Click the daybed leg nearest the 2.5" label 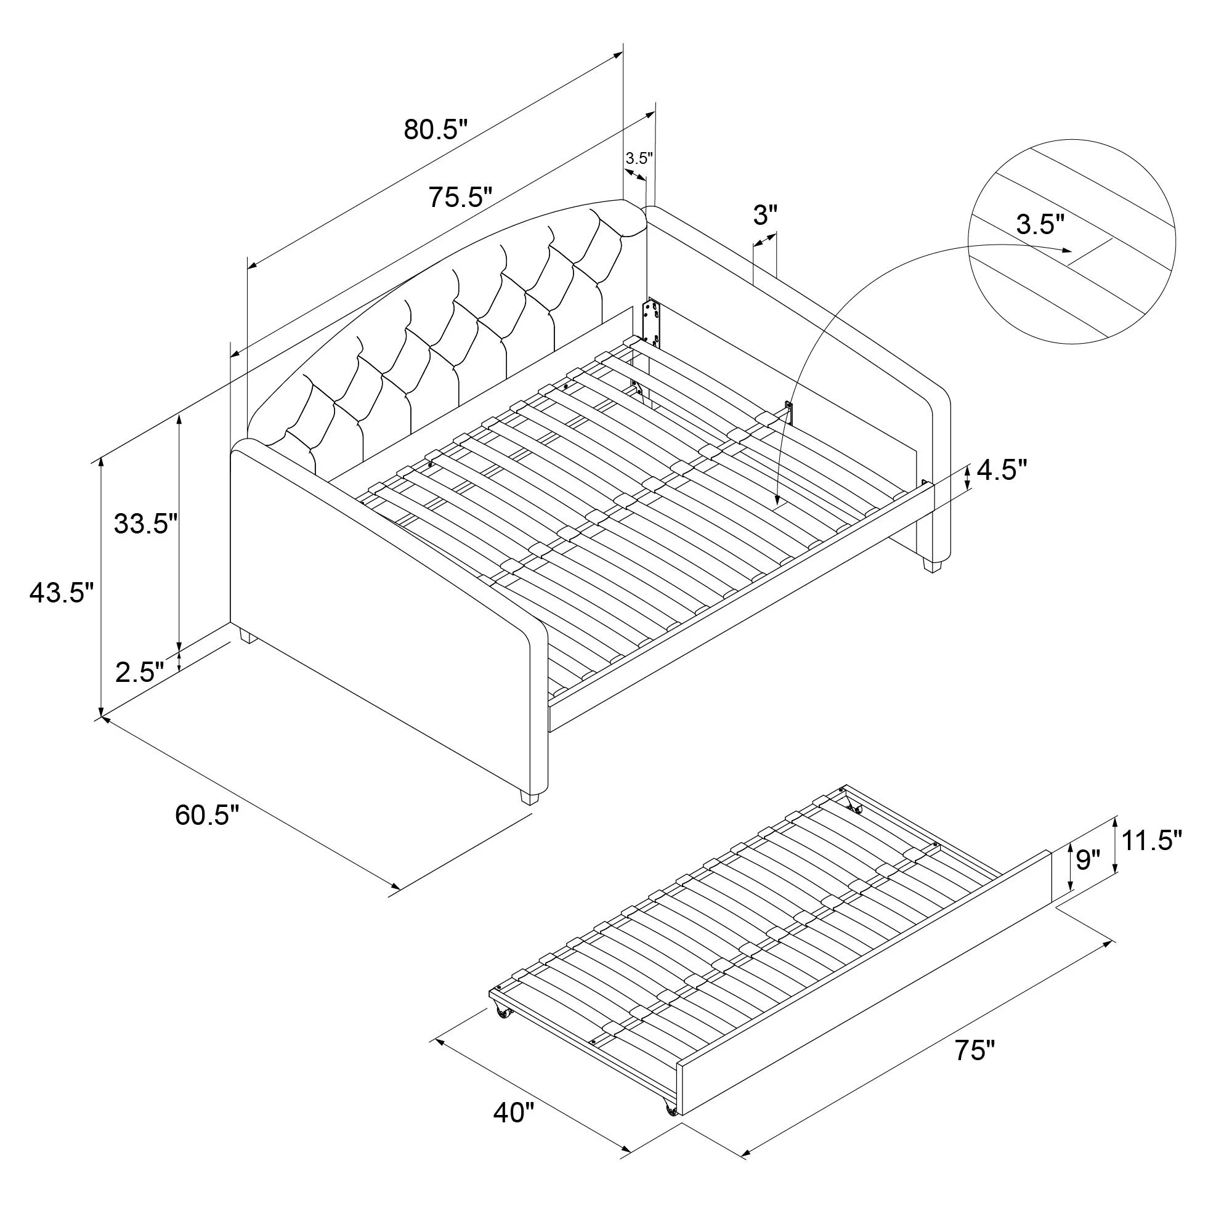click(x=246, y=636)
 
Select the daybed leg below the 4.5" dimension click(x=932, y=564)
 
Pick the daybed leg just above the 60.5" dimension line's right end click(x=529, y=797)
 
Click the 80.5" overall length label click(x=436, y=130)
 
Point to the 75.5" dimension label click(x=460, y=197)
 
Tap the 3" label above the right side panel click(x=766, y=216)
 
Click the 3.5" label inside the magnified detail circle click(x=1040, y=224)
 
